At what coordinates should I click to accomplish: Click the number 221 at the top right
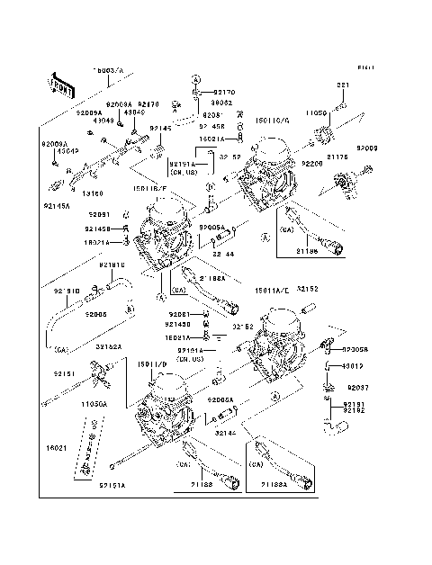click(342, 85)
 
